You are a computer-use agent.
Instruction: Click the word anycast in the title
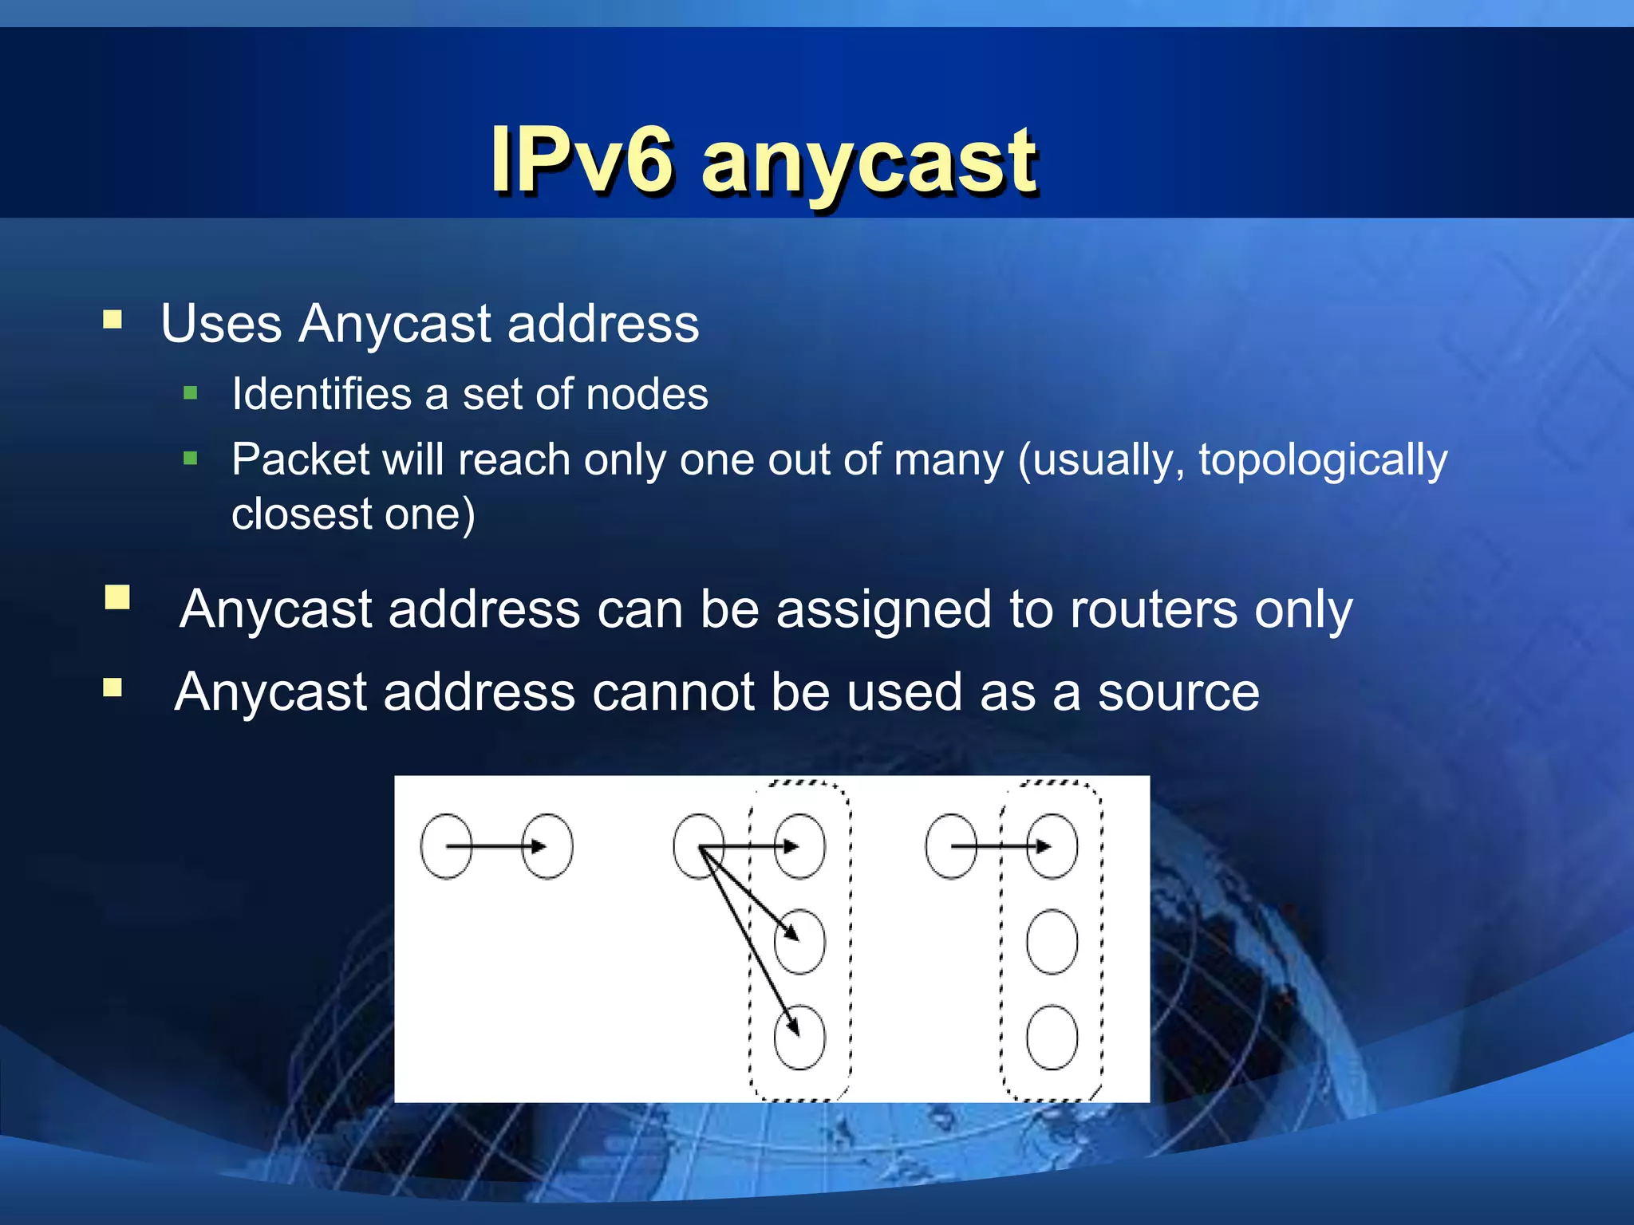click(x=870, y=163)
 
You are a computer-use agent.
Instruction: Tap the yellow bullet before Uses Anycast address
click(x=112, y=321)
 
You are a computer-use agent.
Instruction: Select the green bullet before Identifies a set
click(x=190, y=392)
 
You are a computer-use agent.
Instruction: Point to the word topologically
click(x=1322, y=461)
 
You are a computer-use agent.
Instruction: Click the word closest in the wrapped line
click(x=300, y=514)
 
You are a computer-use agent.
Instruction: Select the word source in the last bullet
click(x=1178, y=692)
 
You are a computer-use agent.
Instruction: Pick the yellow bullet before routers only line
click(x=117, y=597)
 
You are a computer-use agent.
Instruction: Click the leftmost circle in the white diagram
click(x=445, y=846)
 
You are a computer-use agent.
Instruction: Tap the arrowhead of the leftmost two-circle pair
click(x=539, y=846)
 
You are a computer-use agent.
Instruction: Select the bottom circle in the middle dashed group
click(x=799, y=1037)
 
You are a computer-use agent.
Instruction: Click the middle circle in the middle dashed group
click(x=799, y=942)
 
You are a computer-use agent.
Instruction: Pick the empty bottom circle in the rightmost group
click(x=1052, y=1037)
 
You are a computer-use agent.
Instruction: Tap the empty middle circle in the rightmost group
click(x=1052, y=942)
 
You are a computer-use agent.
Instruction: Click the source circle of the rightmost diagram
click(x=949, y=846)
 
